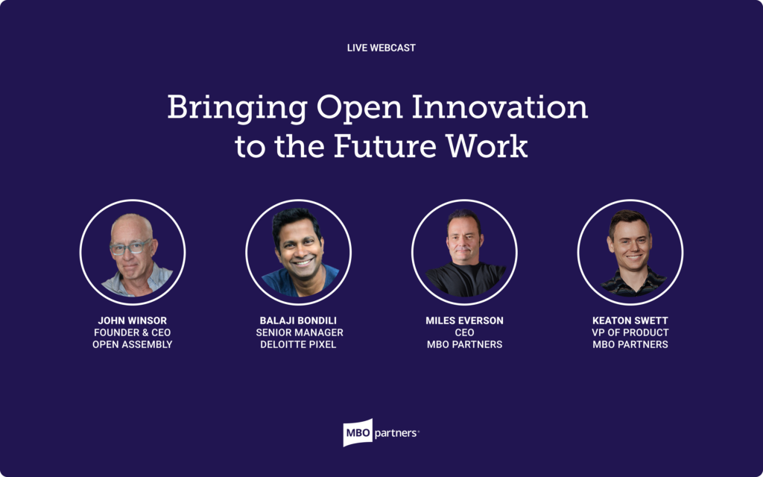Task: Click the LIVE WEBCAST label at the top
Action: (381, 48)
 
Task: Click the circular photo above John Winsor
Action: (133, 252)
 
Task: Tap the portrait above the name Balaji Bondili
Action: (298, 252)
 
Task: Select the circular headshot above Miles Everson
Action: (464, 252)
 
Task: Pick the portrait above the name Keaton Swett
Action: (630, 252)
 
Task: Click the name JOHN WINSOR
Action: (133, 320)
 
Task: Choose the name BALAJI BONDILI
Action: (298, 320)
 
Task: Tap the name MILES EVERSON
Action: (464, 320)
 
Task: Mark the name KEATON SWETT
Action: (630, 320)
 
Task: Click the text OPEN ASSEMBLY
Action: (133, 344)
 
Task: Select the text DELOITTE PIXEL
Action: (298, 344)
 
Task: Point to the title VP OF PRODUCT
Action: (630, 332)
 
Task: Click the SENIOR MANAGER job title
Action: (298, 332)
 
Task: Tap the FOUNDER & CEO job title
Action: (133, 332)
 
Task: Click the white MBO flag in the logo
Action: (357, 432)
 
